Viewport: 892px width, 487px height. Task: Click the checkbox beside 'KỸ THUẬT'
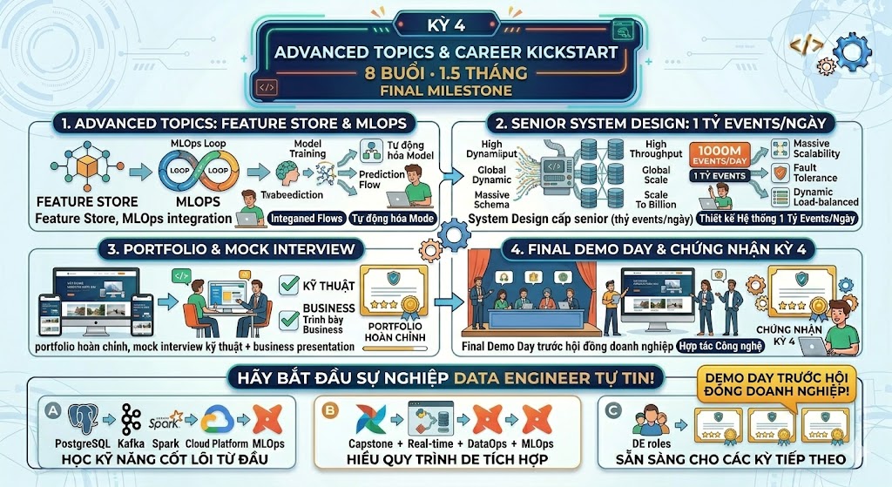[290, 285]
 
